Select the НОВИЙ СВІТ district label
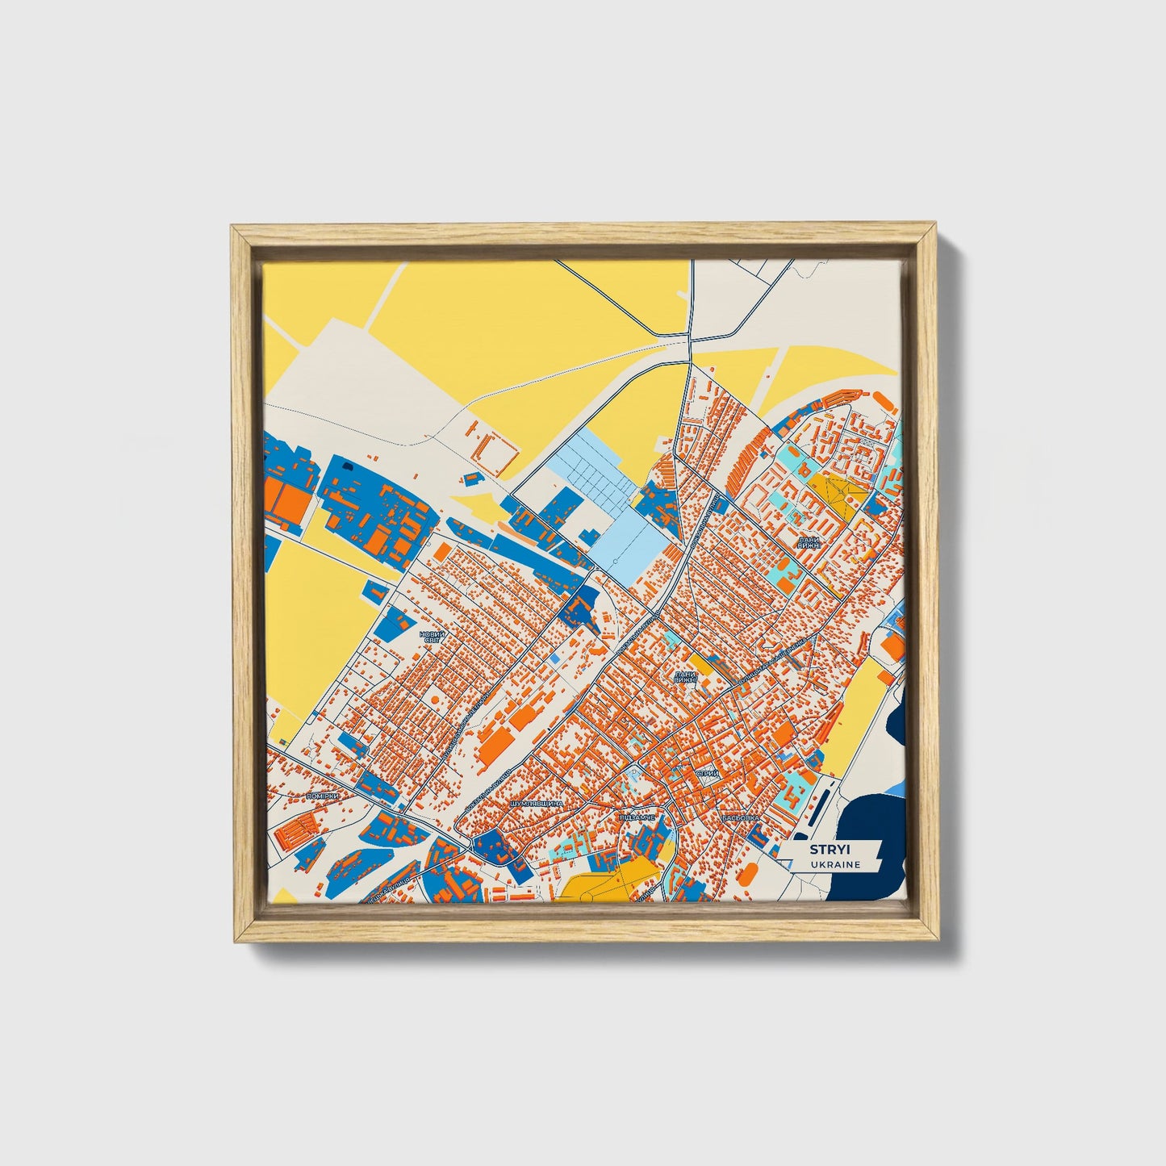433,637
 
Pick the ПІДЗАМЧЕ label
638,817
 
